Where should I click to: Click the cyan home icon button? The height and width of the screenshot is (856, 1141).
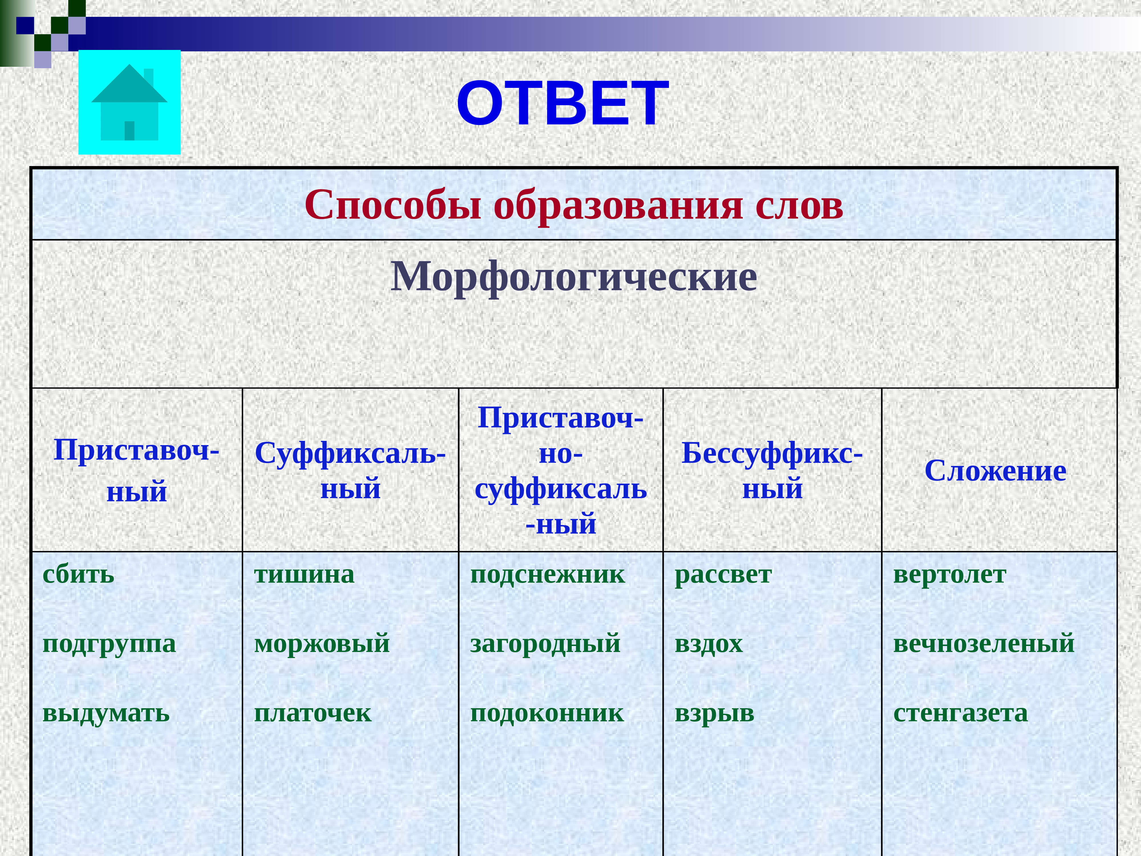tap(130, 102)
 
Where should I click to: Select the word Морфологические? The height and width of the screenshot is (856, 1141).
tap(574, 277)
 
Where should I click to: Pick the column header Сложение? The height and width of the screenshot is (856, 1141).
tap(995, 471)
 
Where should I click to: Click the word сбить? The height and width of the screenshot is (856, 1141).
tap(78, 574)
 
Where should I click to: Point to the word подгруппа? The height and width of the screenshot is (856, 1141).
tap(109, 643)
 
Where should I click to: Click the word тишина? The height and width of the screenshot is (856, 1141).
tap(304, 574)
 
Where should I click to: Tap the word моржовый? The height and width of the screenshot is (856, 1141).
tap(322, 643)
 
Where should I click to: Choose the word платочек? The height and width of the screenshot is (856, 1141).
tap(313, 713)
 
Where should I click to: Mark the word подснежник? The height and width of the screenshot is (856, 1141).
tap(547, 574)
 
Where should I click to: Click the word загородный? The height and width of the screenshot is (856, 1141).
tap(545, 643)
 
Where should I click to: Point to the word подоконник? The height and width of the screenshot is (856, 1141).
tap(547, 713)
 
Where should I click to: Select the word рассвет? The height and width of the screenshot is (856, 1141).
tap(723, 574)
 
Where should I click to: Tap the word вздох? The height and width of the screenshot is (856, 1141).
tap(709, 643)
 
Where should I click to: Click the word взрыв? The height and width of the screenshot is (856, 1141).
tap(715, 713)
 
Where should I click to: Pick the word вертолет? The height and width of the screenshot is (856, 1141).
tap(950, 574)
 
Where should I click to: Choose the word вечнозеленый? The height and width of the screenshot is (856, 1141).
tap(984, 643)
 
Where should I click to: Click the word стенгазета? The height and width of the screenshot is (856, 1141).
tap(960, 713)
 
